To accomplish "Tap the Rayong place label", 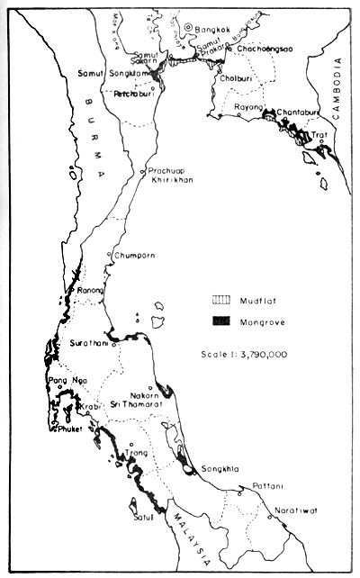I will point(247,107).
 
